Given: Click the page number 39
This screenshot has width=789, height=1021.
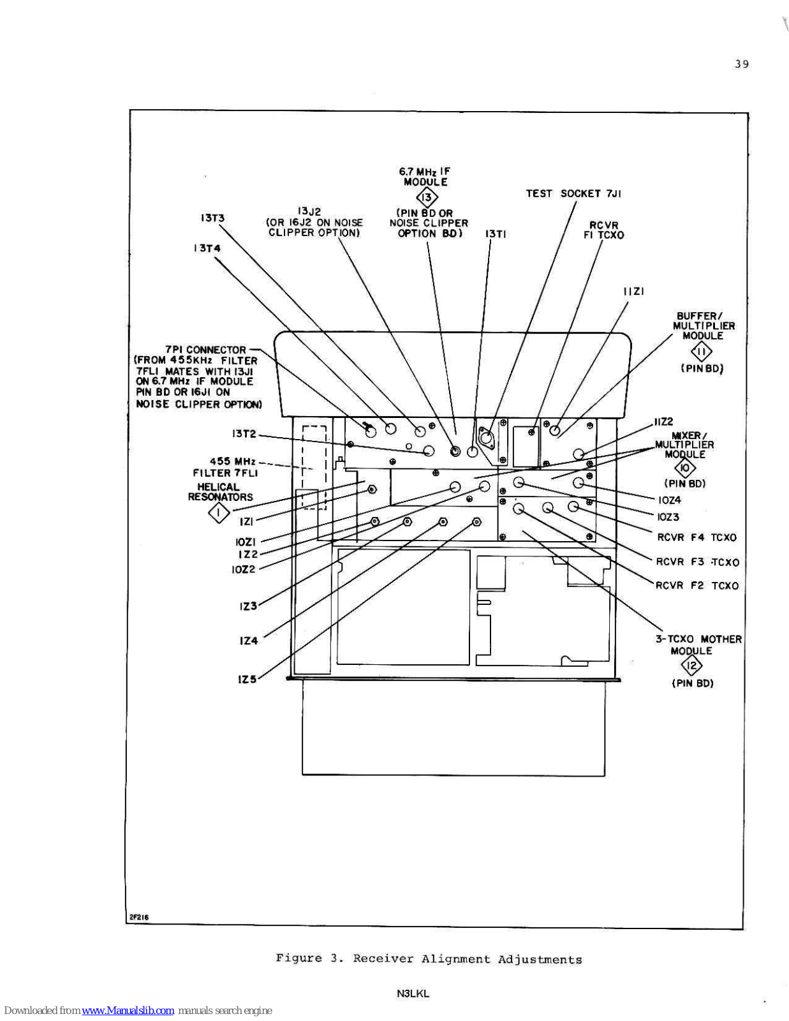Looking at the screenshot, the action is pos(742,64).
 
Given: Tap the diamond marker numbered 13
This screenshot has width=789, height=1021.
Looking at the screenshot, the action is pos(427,198).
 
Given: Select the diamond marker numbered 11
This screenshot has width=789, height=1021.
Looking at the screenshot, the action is pos(702,352).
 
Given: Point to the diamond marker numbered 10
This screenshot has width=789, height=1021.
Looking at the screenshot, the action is pos(685,468).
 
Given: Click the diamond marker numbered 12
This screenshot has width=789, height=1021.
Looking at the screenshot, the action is pos(692,666).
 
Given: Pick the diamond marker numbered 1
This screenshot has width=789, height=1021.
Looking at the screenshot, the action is pos(219,513).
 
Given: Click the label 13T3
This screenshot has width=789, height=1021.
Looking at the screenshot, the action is pos(212,218).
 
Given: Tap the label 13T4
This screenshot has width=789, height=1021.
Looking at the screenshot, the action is pos(207,248).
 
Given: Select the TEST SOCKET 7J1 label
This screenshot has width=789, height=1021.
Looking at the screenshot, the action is pos(573,193).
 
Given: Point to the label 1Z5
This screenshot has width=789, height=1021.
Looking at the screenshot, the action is pos(247,679).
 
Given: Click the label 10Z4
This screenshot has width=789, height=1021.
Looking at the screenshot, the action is pos(669,500).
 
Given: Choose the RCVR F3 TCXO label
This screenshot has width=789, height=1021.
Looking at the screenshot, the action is pos(697,562).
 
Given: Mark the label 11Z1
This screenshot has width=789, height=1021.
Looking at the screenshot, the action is pos(634,292).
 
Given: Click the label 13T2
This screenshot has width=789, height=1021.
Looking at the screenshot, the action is pos(244,434).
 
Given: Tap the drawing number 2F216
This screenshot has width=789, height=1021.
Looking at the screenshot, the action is pos(139,917).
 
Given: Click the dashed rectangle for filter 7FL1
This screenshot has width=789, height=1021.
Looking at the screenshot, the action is pos(314,467).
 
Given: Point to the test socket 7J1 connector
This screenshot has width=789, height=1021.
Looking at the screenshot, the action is pos(485,437).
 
